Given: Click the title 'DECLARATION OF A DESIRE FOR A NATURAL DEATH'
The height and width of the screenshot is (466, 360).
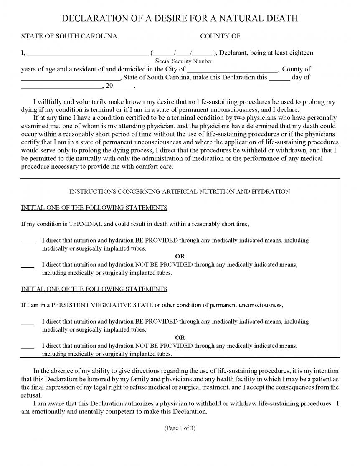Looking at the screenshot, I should (x=180, y=18).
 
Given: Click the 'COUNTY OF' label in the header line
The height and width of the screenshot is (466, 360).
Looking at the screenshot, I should (x=220, y=36).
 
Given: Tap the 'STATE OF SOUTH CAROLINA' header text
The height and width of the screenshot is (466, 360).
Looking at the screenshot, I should (x=69, y=36).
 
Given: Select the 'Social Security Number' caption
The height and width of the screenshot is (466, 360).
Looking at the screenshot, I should (x=184, y=61).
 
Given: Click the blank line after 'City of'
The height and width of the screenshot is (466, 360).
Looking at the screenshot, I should (x=231, y=70).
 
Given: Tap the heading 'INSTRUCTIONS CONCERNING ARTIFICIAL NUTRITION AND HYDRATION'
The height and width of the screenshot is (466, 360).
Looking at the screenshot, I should (x=180, y=192).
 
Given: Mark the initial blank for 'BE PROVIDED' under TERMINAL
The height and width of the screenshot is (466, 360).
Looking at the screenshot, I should (x=28, y=241).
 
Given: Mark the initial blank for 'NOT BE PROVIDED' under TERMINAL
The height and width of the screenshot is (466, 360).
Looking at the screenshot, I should (x=28, y=265).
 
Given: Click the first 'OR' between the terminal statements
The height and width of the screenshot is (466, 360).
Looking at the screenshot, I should (x=180, y=256).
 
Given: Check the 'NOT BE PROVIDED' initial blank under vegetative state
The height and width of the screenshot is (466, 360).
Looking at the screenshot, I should (x=28, y=346).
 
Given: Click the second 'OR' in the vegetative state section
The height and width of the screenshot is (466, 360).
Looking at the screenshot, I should (x=180, y=337).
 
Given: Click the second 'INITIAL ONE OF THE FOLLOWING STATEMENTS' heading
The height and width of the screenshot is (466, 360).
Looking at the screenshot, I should (x=94, y=289).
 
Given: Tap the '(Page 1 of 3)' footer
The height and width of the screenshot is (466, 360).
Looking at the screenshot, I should (x=180, y=428).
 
